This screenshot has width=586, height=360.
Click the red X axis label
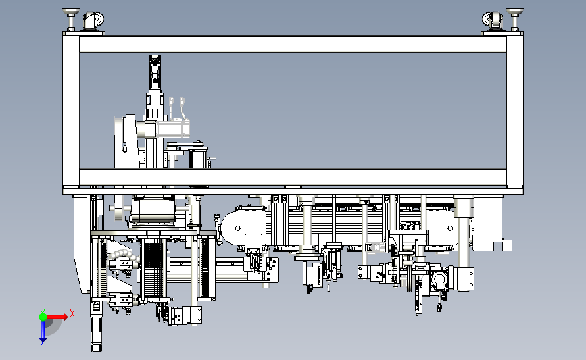[x=72, y=313]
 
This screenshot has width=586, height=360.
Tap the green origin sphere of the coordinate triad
[x=43, y=317]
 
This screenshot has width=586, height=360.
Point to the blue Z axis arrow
[x=43, y=331]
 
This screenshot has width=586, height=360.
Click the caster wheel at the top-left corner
[x=93, y=20]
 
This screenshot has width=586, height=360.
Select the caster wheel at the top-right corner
[x=493, y=20]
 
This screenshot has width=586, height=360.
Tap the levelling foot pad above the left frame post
[x=71, y=12]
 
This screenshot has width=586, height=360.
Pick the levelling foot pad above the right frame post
[x=515, y=12]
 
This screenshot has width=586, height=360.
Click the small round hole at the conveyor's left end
[x=238, y=228]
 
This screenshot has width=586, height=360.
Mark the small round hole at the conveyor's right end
[x=450, y=228]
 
